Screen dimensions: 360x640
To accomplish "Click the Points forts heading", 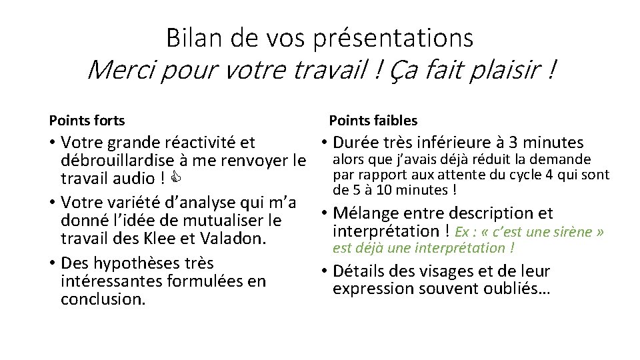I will pyautogui.click(x=87, y=121).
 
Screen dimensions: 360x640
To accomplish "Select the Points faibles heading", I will pyautogui.click(x=373, y=121).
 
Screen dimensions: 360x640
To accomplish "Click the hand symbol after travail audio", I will pyautogui.click(x=175, y=179).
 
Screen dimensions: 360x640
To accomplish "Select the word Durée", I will pyautogui.click(x=357, y=143).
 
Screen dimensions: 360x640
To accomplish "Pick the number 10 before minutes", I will pyautogui.click(x=384, y=190).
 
